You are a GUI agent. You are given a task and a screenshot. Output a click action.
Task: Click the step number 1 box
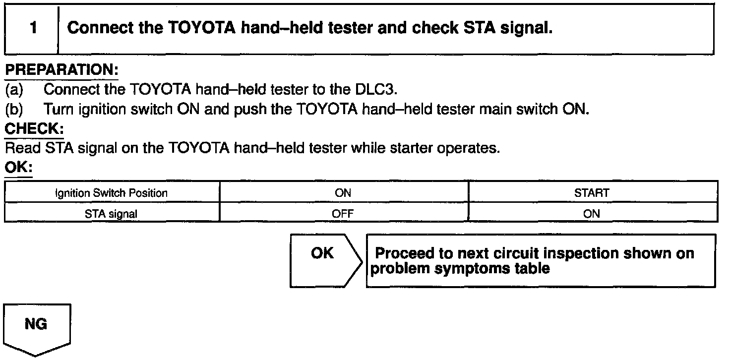click(32, 28)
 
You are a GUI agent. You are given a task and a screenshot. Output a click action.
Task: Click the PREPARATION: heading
click(61, 69)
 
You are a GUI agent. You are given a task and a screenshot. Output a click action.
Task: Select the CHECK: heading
click(34, 129)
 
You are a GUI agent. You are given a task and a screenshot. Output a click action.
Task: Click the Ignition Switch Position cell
click(112, 192)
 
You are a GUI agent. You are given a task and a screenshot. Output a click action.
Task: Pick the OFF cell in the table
click(343, 214)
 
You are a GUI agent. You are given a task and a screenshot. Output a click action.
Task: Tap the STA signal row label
click(112, 214)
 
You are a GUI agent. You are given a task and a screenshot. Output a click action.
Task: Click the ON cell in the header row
click(343, 192)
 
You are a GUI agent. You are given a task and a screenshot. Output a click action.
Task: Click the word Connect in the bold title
click(99, 28)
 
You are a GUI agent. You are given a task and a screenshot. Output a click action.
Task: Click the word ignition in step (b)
click(94, 109)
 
